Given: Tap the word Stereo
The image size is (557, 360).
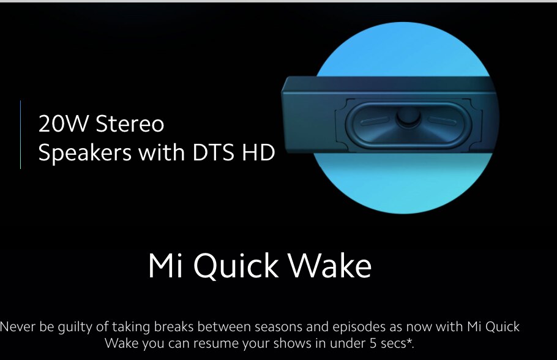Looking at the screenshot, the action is click(130, 124).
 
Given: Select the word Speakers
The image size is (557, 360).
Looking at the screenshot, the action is click(85, 153).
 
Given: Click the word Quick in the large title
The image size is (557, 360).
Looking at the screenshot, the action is click(236, 266).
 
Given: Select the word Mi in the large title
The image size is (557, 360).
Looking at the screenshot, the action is click(165, 265).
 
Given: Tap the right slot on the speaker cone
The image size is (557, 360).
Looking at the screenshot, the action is click(442, 120).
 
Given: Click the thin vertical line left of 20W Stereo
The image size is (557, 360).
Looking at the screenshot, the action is click(21, 135).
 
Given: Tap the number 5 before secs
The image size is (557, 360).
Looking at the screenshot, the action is click(373, 343).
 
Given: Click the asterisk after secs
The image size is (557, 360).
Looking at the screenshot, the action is click(409, 341).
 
